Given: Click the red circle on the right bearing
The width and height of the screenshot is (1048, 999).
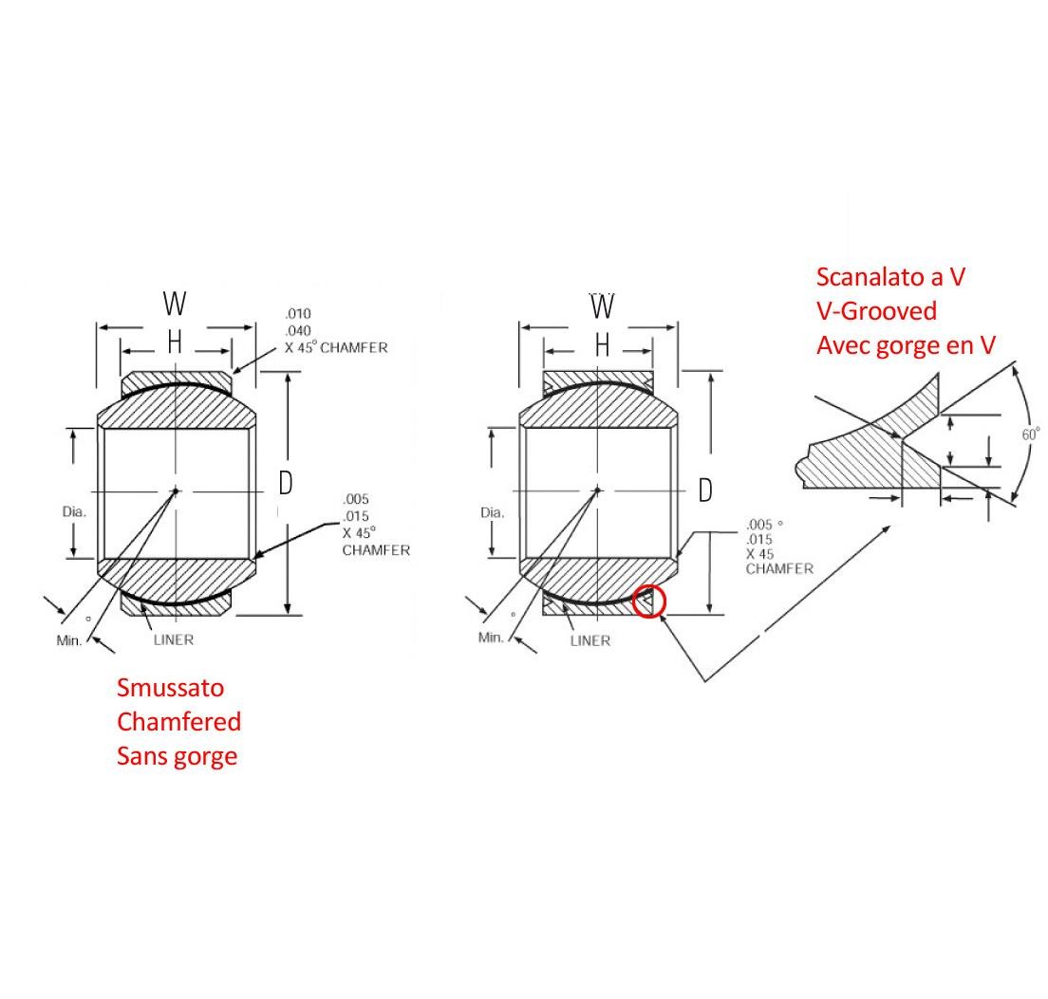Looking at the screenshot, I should [650, 601].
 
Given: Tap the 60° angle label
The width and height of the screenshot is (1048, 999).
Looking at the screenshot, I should [1031, 434].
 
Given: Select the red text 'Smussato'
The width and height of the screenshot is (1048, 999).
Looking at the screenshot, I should [170, 687].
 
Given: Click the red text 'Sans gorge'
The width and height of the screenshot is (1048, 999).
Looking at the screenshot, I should [177, 756].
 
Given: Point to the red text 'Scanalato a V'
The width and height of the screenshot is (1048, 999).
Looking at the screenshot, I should [890, 277].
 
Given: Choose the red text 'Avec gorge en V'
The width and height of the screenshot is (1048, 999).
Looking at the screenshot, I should [906, 345].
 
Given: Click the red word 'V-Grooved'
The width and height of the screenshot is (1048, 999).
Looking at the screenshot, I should [876, 311].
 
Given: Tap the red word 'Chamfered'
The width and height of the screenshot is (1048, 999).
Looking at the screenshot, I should [178, 721].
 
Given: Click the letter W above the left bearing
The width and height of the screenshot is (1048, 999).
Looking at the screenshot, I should [175, 305].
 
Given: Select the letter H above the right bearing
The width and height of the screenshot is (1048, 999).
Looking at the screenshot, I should [602, 346].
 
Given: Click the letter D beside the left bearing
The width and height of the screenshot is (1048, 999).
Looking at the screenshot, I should [285, 483].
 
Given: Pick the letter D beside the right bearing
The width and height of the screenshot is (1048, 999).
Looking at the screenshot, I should [705, 490].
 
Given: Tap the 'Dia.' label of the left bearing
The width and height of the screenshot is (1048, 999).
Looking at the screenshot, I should [74, 511].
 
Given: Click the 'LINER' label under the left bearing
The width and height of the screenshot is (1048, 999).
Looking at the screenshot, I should [173, 639].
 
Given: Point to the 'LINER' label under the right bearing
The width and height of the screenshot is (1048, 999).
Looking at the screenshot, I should [589, 640].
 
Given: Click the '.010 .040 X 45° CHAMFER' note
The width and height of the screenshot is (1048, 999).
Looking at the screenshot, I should [336, 330].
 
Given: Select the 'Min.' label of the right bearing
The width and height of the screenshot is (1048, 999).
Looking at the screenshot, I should [491, 638].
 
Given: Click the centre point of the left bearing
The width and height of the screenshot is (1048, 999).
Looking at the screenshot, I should [176, 490].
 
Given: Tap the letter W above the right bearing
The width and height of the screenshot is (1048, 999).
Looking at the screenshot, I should [602, 306].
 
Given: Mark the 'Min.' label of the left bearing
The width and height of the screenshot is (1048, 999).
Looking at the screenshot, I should [69, 640].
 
